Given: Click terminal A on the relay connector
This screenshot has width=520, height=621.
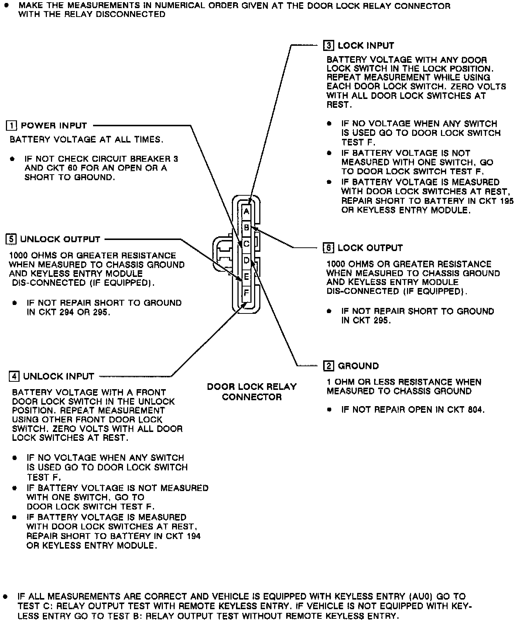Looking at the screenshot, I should tap(246, 212).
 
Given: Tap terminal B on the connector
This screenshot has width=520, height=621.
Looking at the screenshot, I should tap(246, 228).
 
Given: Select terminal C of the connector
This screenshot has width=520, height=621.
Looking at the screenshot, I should tap(246, 244).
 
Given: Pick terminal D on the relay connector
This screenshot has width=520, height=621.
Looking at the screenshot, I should tap(246, 261).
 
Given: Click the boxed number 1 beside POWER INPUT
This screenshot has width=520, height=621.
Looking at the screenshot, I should tap(11, 126).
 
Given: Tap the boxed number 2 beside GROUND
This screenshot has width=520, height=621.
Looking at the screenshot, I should tap(328, 366).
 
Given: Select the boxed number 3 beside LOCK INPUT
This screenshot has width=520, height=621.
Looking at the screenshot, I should tap(328, 45).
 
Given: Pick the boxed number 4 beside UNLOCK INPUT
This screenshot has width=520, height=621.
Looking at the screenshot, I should tap(14, 376).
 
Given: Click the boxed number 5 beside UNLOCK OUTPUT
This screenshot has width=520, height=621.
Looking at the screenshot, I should tap(11, 239).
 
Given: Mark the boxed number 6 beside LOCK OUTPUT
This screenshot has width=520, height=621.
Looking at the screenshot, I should tap(328, 248).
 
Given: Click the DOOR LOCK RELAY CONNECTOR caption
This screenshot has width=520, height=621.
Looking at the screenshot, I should tap(252, 392).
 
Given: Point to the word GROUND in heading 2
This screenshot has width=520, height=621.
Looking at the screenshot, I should tap(358, 366).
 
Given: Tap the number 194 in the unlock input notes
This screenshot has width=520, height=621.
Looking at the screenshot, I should tap(192, 536).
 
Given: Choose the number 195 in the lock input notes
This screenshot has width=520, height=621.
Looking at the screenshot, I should tap(505, 201).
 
